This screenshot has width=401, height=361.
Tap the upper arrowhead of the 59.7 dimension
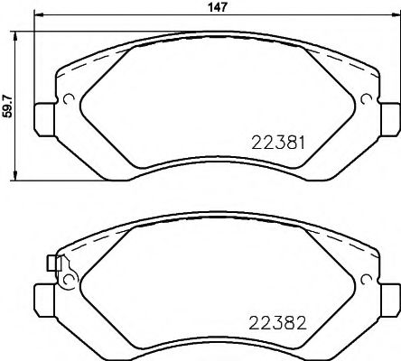16,34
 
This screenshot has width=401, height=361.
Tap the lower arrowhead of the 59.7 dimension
16,177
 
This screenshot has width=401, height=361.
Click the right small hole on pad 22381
366,99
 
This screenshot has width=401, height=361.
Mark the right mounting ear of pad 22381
389,116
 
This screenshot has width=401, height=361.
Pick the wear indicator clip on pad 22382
53,264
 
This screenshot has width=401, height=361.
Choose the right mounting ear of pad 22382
389,297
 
